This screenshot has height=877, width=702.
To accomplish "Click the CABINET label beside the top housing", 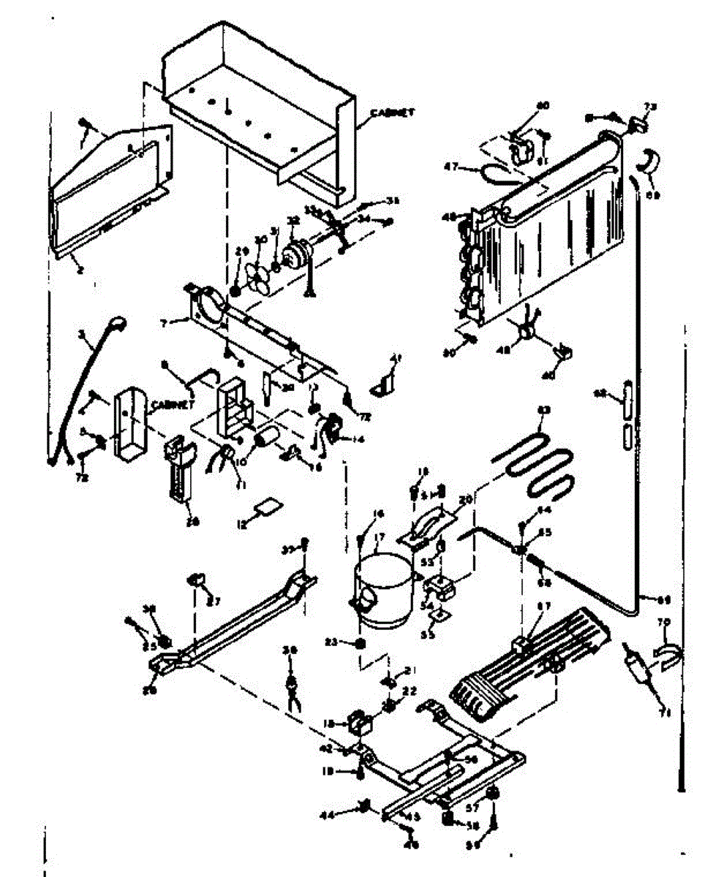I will point(392,113).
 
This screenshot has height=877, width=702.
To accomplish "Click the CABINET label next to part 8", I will point(173,403).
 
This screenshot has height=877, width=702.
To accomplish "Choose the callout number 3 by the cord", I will point(83,335).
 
